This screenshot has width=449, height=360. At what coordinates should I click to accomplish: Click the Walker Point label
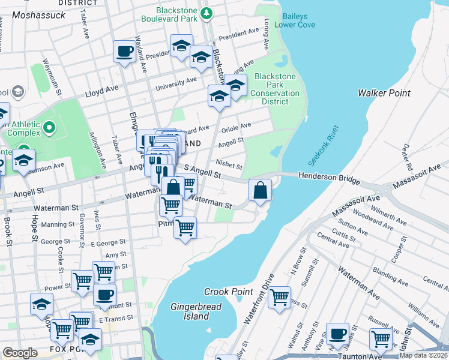click(x=384, y=93)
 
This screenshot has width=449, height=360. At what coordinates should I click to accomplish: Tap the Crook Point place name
click(x=228, y=292)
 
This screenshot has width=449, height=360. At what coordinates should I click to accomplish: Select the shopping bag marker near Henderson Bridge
click(x=261, y=190)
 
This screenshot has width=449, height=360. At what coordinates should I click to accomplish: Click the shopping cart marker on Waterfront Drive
click(x=279, y=296)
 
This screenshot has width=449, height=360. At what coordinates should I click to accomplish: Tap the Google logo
click(x=20, y=353)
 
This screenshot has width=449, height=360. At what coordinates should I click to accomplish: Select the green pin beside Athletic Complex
click(x=49, y=128)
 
